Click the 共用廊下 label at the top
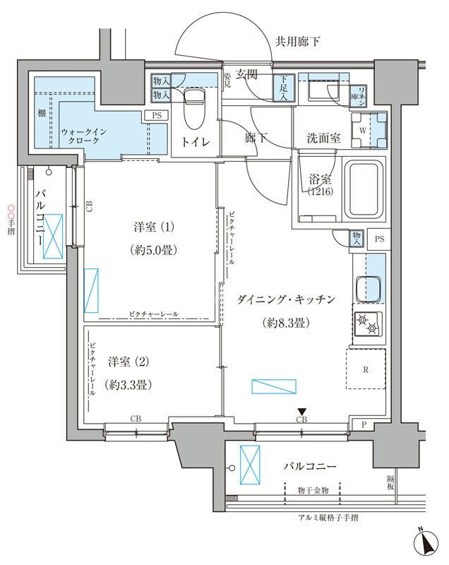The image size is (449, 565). [297, 42]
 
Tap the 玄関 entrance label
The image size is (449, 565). [248, 73]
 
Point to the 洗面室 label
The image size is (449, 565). [324, 138]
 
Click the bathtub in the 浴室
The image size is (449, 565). [362, 188]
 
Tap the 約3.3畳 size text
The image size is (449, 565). [127, 385]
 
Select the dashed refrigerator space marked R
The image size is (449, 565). [366, 368]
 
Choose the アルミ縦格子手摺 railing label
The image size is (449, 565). [328, 518]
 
